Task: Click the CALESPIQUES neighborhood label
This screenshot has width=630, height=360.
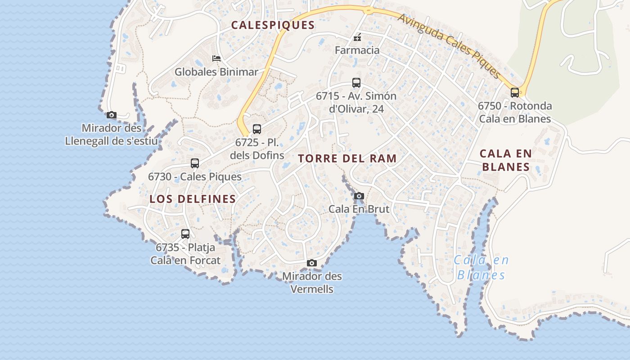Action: [x=273, y=25]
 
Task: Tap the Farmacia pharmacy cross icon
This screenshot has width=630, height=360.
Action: [x=357, y=38]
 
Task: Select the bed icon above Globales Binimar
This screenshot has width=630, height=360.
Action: [x=216, y=58]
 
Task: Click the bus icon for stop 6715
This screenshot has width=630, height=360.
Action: [x=356, y=83]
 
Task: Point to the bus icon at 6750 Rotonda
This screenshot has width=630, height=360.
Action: [x=515, y=93]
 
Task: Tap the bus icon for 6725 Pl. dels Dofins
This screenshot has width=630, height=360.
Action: [x=257, y=129]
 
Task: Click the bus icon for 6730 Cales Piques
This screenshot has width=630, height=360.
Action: [x=195, y=163]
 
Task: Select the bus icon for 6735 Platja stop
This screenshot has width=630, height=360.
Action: [x=185, y=234]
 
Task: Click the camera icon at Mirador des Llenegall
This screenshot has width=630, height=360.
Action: [x=112, y=115]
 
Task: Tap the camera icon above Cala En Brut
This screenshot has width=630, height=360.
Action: [x=359, y=196]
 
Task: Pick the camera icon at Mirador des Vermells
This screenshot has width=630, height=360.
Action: [x=312, y=263]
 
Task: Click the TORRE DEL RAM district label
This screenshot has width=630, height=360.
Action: [x=347, y=158]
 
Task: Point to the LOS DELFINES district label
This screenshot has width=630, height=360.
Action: [x=193, y=199]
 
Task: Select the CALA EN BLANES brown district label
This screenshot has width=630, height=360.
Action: [x=506, y=160]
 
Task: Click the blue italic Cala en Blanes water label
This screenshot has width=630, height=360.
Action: [x=481, y=267]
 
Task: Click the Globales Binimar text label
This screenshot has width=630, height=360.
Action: [x=216, y=72]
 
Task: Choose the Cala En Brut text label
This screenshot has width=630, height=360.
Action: [x=359, y=209]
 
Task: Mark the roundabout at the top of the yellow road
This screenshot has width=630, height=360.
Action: [x=369, y=10]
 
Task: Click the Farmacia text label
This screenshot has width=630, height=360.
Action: [x=357, y=50]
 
